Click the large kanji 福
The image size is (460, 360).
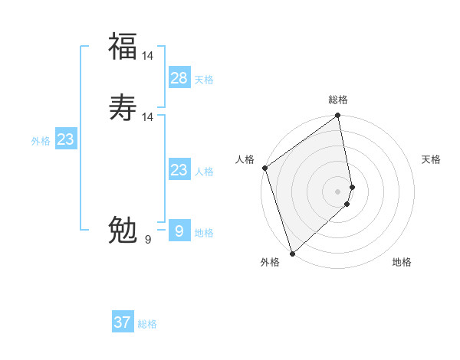click(x=123, y=47)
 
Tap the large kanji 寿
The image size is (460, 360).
click(x=123, y=107)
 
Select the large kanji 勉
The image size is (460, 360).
click(x=123, y=230)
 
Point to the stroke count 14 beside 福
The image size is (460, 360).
click(x=148, y=56)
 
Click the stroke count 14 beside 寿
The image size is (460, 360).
click(x=148, y=116)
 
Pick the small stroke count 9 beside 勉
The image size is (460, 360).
click(x=148, y=240)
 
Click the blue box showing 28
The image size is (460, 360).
click(x=179, y=78)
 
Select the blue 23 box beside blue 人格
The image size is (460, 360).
click(x=179, y=170)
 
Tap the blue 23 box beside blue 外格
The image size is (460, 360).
click(x=65, y=139)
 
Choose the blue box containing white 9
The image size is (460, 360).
click(x=179, y=231)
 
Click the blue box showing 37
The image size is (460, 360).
click(x=123, y=322)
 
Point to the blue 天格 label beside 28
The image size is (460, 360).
click(x=204, y=80)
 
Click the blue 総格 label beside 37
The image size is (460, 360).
click(x=147, y=324)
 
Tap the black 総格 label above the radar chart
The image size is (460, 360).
click(x=338, y=100)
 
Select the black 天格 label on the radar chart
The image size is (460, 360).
click(x=431, y=159)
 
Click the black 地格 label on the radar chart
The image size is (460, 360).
click(x=402, y=262)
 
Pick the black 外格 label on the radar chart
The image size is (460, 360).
click(x=269, y=262)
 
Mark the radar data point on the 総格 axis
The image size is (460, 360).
click(x=338, y=116)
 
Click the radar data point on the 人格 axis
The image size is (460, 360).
click(x=264, y=168)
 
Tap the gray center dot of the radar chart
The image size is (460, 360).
click(x=338, y=191)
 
